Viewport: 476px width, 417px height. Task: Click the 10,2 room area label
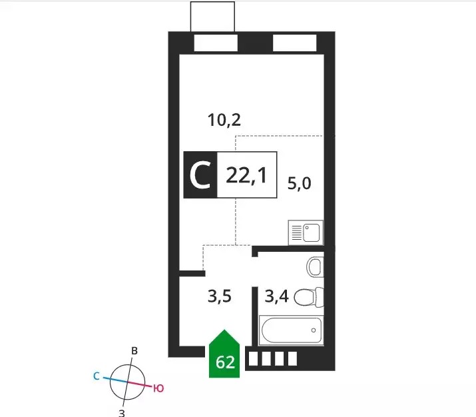pos(224,120)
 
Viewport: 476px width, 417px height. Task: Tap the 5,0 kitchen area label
pos(300,183)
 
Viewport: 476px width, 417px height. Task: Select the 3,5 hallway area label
pos(220,296)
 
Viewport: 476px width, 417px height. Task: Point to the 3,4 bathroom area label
pos(276,296)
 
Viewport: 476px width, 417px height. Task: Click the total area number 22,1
pos(246,176)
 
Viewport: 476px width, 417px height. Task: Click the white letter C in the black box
pos(200,175)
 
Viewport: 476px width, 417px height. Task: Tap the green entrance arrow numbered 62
pos(224,354)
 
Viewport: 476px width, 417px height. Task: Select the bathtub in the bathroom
pos(291,330)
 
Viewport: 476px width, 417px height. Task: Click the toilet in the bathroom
pos(309,297)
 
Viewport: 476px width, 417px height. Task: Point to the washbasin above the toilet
pos(315,267)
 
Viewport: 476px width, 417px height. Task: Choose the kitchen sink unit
pos(306,232)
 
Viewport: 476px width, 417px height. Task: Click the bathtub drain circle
pos(314,330)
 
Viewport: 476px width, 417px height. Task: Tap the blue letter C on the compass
pos(97,376)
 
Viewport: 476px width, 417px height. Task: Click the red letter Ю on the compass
pos(158,388)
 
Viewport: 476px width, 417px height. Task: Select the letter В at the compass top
pos(134,351)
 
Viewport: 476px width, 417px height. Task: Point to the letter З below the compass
pos(121,413)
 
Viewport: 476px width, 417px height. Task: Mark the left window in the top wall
pos(216,43)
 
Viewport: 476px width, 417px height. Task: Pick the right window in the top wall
pos(294,43)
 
